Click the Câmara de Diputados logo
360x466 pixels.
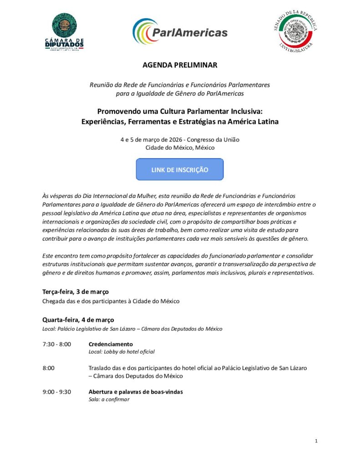coord(67,32)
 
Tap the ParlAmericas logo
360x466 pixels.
coord(180,32)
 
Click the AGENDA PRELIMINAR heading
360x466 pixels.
coord(180,65)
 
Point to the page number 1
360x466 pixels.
coord(316,441)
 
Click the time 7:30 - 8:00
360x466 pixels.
coord(56,344)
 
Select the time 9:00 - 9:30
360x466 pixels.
coord(56,392)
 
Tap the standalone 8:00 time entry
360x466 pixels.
coord(49,368)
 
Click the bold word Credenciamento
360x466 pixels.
coord(111,344)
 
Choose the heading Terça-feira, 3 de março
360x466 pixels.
coord(76,291)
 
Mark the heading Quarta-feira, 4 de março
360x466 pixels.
coord(78,319)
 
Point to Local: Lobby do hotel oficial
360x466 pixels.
coord(122,351)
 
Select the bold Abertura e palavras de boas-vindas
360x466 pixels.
coord(136,392)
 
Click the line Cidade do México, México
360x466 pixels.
coord(180,147)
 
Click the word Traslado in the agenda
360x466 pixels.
coord(100,368)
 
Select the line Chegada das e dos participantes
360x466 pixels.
coord(111,301)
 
